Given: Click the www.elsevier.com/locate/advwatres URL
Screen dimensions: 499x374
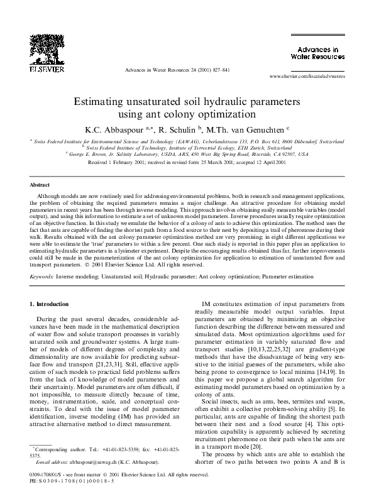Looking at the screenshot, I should tap(307, 76).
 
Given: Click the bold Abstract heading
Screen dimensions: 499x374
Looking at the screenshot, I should tap(40, 185).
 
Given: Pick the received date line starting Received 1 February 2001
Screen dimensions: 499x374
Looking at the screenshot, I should tap(187, 162).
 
